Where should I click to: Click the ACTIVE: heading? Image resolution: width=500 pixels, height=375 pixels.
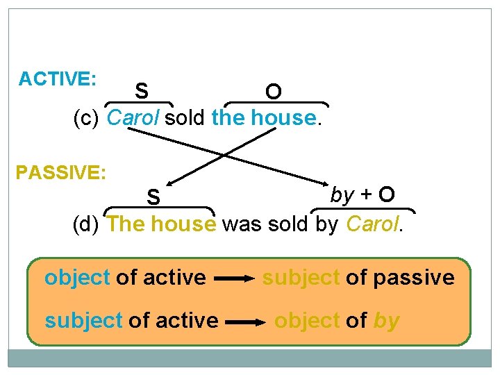58,78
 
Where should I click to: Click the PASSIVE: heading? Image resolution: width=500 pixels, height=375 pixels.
61,172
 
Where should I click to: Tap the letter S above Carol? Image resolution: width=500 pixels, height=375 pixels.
142,91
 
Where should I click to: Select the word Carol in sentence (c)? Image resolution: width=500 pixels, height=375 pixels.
135,118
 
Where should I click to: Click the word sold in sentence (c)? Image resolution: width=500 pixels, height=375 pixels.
185,118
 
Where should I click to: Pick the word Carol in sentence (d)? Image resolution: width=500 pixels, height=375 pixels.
372,224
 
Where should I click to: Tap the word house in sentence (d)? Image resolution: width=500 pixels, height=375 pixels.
183,224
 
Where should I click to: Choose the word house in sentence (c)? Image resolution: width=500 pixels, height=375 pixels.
283,118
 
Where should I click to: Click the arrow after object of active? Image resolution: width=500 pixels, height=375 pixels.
235,279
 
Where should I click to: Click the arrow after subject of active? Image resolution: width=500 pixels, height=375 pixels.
244,322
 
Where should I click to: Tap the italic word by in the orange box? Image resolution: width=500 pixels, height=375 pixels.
386,321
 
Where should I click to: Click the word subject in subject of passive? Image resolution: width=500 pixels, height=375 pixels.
301,278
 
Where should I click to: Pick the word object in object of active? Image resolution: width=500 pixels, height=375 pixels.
77,278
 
